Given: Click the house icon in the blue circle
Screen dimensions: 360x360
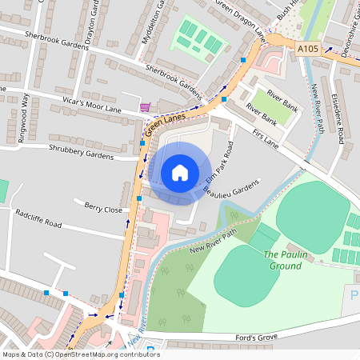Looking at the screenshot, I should [180, 173].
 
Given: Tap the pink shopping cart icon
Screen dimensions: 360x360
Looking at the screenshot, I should [145, 107].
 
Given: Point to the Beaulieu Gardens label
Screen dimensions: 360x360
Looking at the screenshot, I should [232, 189].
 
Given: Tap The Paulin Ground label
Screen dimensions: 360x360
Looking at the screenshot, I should [286, 260].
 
